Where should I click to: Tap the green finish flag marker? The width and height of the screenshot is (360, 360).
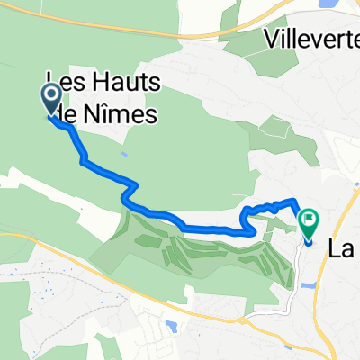[309, 219]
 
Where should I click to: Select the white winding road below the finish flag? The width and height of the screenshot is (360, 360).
[296, 270]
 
